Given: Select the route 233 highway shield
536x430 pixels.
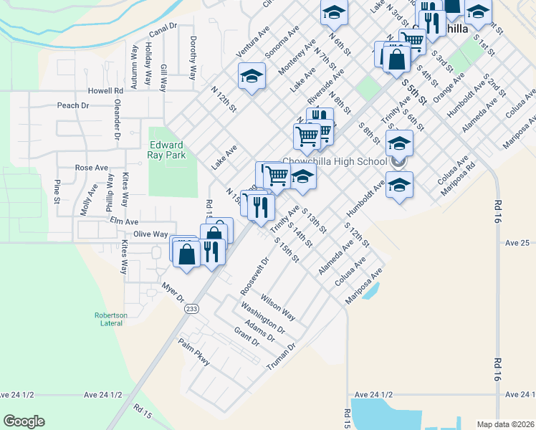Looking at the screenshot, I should coord(191,308).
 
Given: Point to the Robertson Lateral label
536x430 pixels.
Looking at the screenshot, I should coord(110,319).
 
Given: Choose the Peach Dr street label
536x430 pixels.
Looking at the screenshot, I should coord(72,105).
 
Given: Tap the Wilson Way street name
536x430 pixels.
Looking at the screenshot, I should coord(278,305).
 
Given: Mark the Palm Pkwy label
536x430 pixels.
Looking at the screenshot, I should coord(194,353).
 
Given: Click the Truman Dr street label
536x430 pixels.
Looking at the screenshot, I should coord(281,356).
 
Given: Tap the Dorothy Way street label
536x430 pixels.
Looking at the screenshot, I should coord(193,57).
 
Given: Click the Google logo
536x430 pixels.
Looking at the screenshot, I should coord(24,421).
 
